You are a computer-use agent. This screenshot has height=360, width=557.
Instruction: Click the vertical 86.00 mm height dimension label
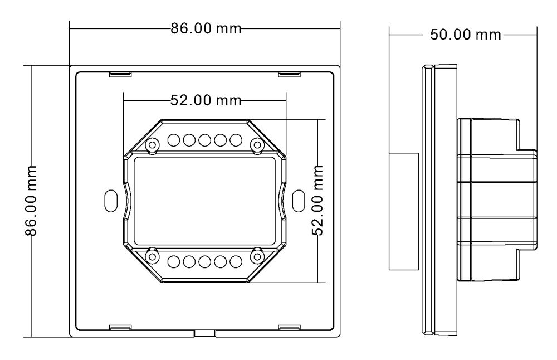(x=33, y=201)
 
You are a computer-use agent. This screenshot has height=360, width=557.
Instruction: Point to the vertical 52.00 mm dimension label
(x=319, y=201)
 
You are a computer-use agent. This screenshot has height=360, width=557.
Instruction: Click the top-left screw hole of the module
(x=151, y=145)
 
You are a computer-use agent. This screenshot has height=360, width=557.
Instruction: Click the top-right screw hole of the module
(x=257, y=145)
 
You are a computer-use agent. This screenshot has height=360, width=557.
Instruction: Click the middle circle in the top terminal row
(x=204, y=139)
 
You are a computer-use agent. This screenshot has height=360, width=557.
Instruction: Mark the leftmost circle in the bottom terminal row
(x=173, y=261)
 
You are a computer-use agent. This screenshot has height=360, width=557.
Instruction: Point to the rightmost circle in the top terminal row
(x=236, y=139)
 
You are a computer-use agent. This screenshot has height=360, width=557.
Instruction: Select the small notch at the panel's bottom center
(x=204, y=333)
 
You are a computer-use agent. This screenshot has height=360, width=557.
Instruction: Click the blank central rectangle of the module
(x=204, y=201)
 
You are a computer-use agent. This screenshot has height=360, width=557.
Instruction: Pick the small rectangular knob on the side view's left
(x=403, y=212)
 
